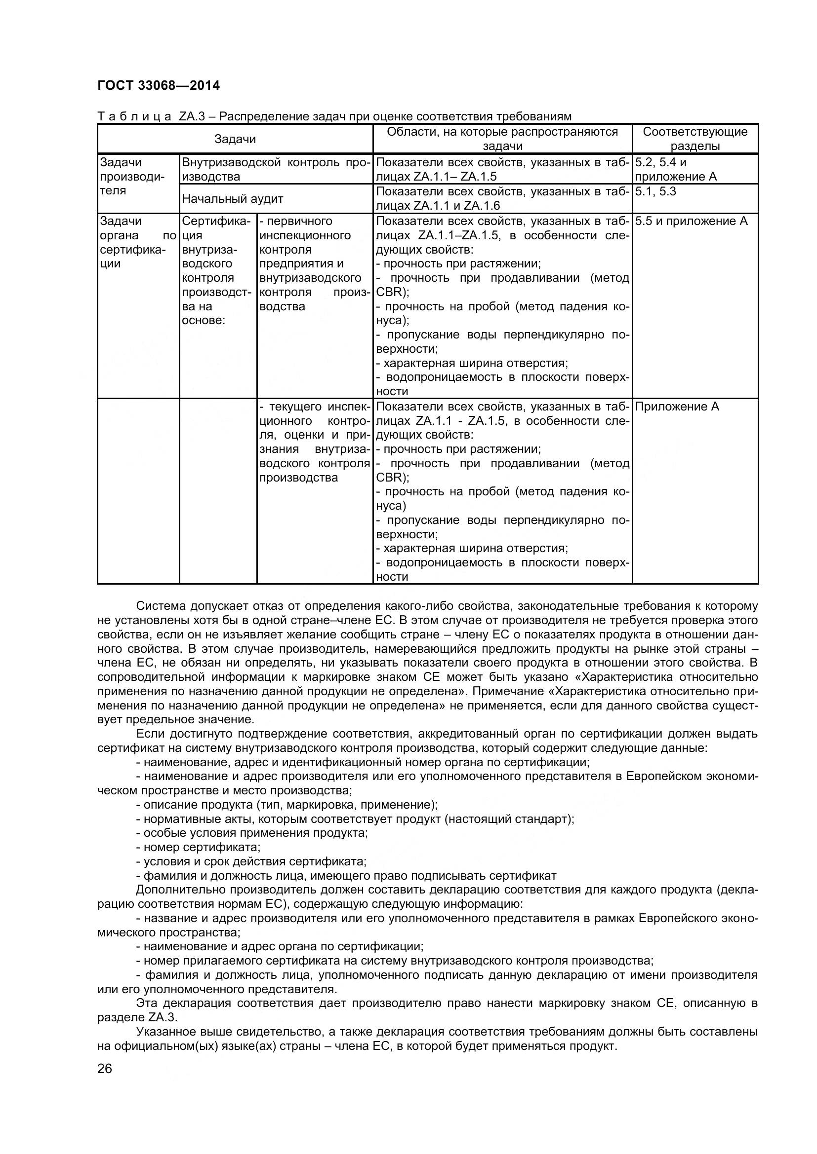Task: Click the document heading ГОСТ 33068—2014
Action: [x=159, y=86]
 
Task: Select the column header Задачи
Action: [x=235, y=139]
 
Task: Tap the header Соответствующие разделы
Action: [x=695, y=139]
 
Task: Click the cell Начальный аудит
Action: [x=233, y=198]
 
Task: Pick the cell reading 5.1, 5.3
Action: [x=655, y=191]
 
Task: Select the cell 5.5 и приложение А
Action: [x=691, y=221]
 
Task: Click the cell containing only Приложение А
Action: [x=677, y=407]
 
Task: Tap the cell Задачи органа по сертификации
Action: [x=138, y=242]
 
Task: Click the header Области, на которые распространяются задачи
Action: [x=502, y=139]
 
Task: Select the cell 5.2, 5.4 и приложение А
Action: [x=676, y=169]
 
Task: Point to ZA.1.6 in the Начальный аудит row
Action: [x=482, y=206]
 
